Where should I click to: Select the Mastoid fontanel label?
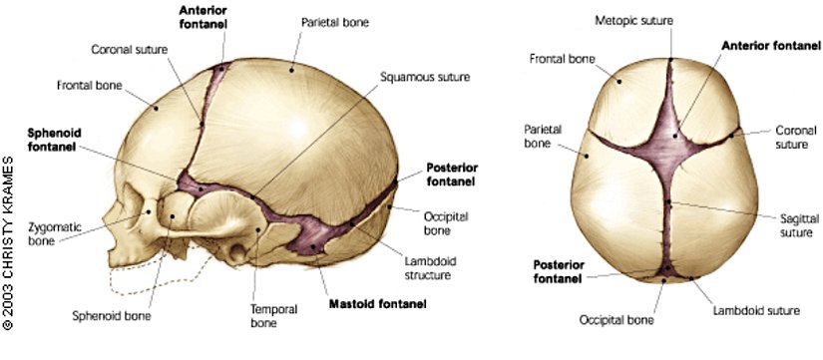tap(378, 302)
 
